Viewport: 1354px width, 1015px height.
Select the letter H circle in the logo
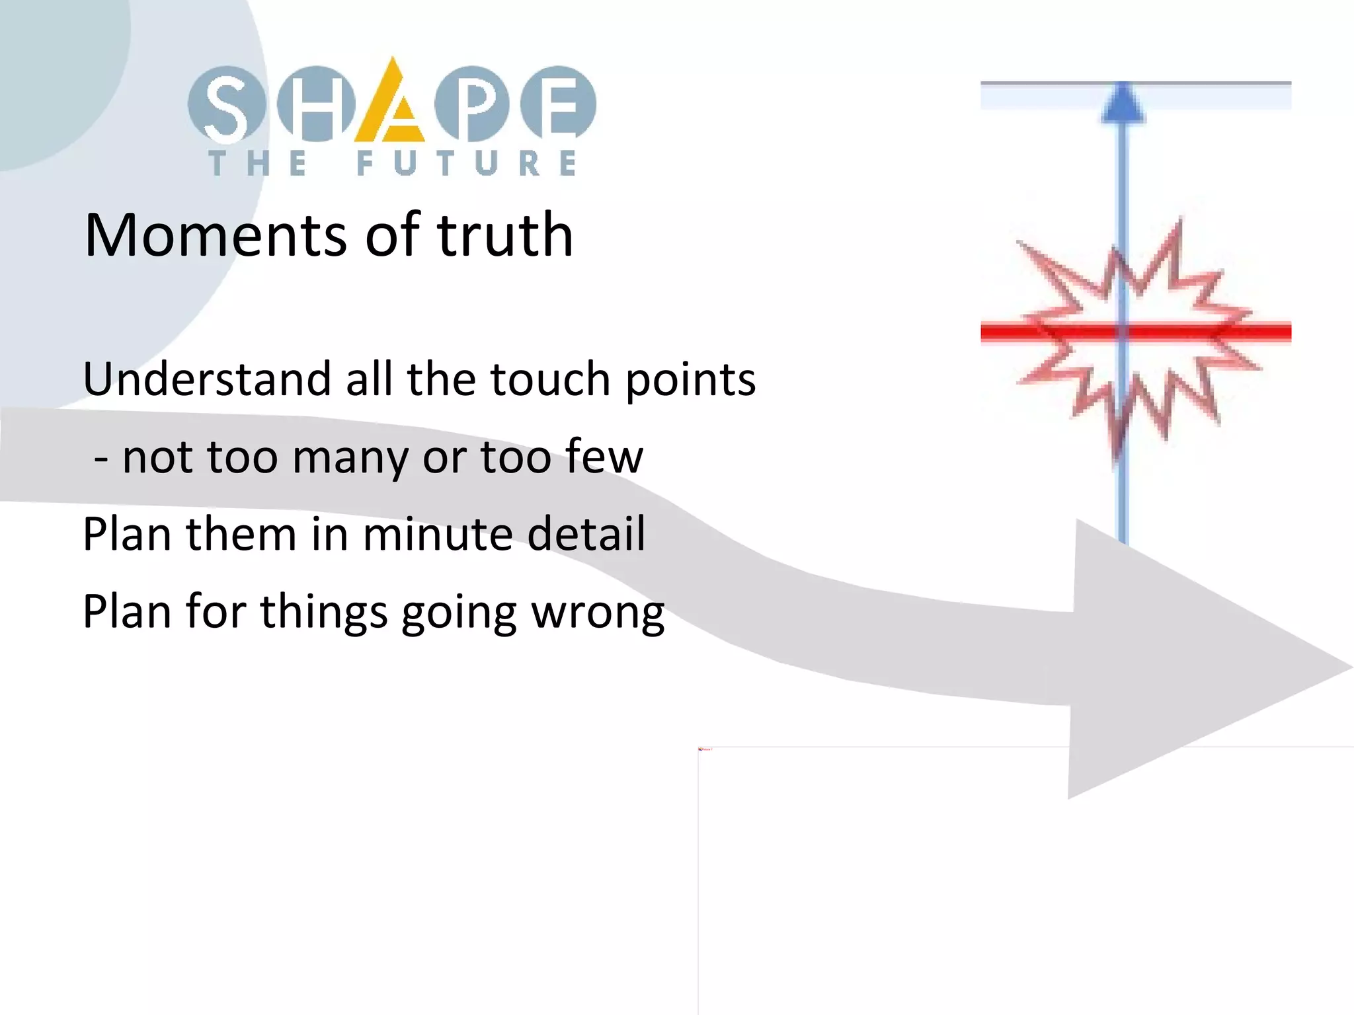click(316, 104)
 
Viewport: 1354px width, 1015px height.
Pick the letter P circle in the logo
click(472, 104)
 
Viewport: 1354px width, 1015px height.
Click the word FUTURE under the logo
click(466, 163)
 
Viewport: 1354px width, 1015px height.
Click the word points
click(690, 381)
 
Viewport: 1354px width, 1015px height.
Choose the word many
click(350, 459)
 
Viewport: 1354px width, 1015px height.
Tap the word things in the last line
click(323, 613)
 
